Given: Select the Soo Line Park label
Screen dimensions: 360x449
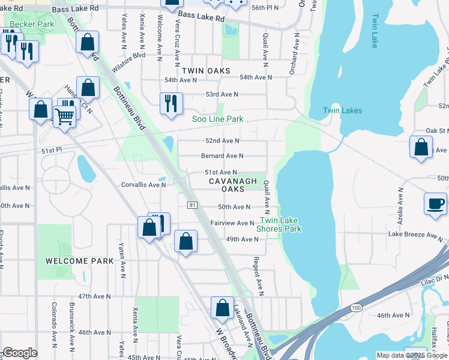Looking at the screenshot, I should pyautogui.click(x=218, y=119).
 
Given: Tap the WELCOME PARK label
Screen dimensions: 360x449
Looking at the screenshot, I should pyautogui.click(x=79, y=261).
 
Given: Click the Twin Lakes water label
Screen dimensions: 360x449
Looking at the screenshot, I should pyautogui.click(x=342, y=110).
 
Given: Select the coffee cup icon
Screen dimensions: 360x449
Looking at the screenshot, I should pyautogui.click(x=435, y=204).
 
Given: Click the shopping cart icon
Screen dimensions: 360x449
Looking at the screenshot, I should pyautogui.click(x=65, y=116).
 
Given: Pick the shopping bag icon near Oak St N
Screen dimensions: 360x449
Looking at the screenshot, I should pyautogui.click(x=421, y=147).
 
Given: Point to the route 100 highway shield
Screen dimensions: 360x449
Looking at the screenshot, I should pyautogui.click(x=357, y=307).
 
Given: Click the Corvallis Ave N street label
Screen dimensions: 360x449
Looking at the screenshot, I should pyautogui.click(x=143, y=185).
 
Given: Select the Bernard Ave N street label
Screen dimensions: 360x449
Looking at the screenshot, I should pyautogui.click(x=222, y=155).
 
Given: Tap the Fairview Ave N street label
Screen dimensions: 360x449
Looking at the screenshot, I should pyautogui.click(x=232, y=223).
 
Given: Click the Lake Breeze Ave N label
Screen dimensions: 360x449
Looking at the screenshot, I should pyautogui.click(x=415, y=234).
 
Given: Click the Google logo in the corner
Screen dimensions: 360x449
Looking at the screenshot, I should pyautogui.click(x=19, y=353).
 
